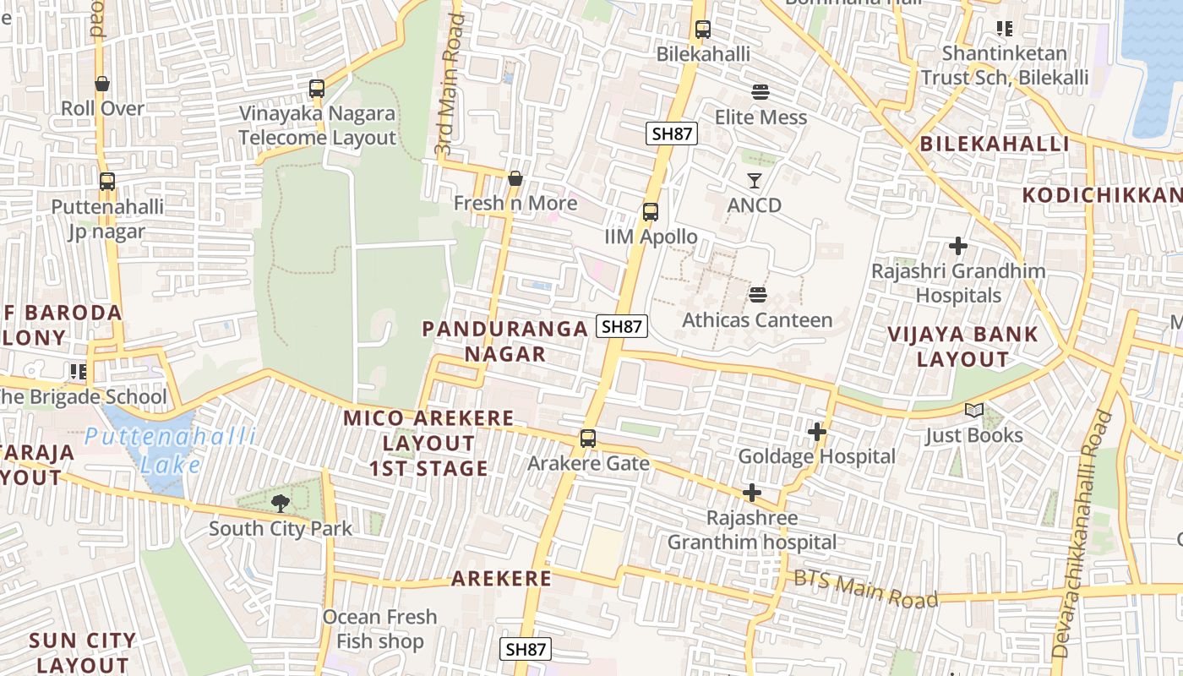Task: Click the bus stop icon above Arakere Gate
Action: pyautogui.click(x=587, y=439)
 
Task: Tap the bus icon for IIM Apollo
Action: pyautogui.click(x=650, y=212)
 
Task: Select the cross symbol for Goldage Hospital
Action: pyautogui.click(x=816, y=432)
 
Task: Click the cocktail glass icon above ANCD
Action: pyautogui.click(x=754, y=180)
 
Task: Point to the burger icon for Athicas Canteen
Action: pyautogui.click(x=757, y=295)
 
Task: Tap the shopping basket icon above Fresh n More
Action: pyautogui.click(x=515, y=178)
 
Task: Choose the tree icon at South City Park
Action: pyautogui.click(x=280, y=504)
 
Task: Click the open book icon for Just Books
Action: pyautogui.click(x=974, y=411)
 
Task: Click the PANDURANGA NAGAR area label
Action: pyautogui.click(x=504, y=341)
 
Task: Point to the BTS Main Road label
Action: pyautogui.click(x=865, y=587)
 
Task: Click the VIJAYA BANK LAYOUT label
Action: pyautogui.click(x=962, y=346)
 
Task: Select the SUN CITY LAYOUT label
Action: pyautogui.click(x=82, y=652)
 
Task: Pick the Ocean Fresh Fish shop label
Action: pyautogui.click(x=379, y=629)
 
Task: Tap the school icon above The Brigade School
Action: pyautogui.click(x=79, y=371)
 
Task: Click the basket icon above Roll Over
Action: pyautogui.click(x=102, y=84)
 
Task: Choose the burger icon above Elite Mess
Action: pyautogui.click(x=760, y=91)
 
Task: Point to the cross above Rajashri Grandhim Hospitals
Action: pyautogui.click(x=957, y=246)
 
